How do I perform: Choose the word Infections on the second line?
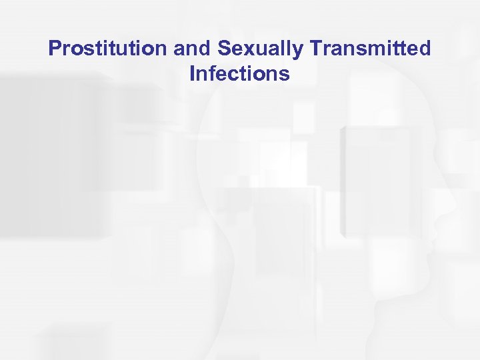click(x=239, y=73)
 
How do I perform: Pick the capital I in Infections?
click(x=193, y=73)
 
